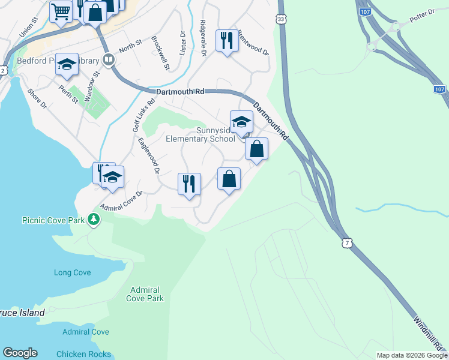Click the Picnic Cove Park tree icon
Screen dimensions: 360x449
point(93,220)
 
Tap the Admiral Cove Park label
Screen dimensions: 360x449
point(146,293)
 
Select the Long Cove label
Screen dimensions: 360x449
point(72,273)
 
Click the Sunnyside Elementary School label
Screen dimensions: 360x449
point(200,135)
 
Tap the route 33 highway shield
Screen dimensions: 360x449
point(282,20)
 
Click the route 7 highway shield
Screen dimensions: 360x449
point(348,242)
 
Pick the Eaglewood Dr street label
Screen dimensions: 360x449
point(148,156)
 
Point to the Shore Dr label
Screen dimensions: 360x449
point(37,99)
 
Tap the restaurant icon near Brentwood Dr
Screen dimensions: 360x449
point(226,41)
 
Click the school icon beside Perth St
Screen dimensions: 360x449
point(67,64)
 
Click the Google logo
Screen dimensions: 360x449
point(20,353)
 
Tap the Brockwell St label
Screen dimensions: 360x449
point(161,53)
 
